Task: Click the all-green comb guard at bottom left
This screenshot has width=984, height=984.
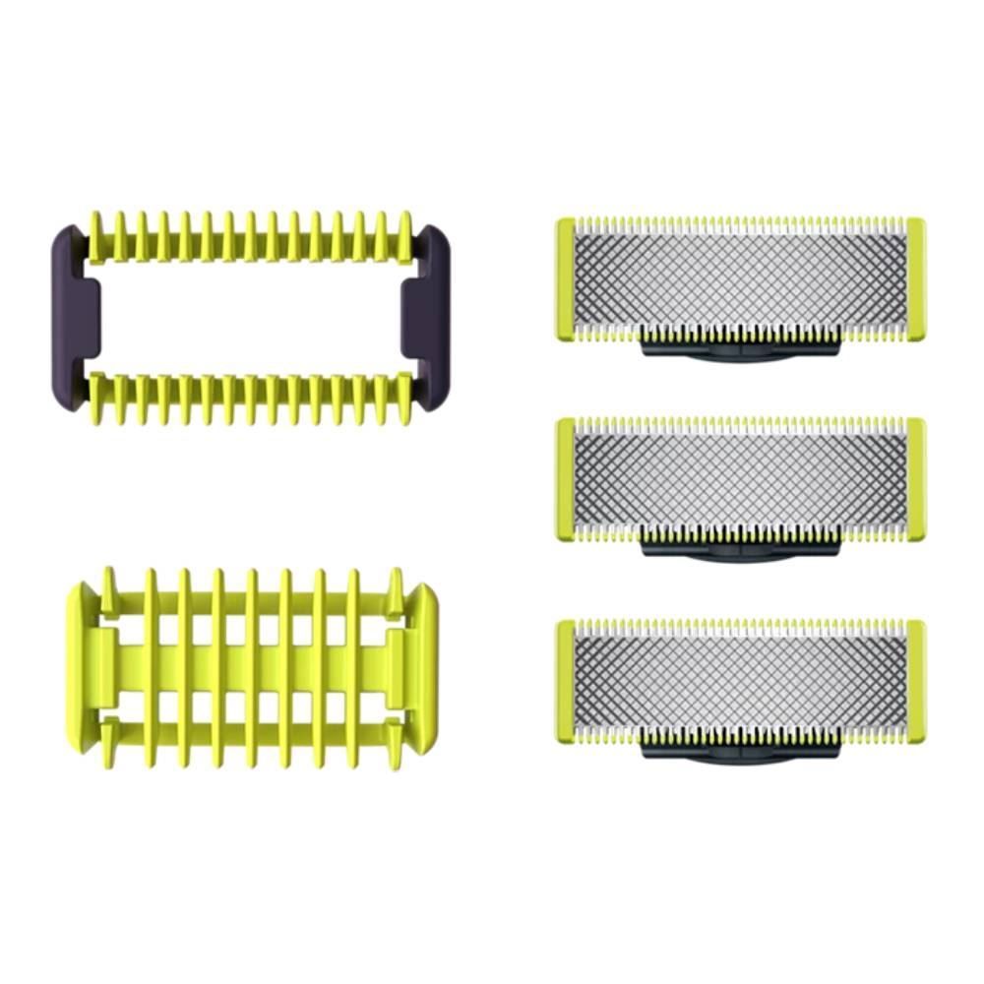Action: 251,669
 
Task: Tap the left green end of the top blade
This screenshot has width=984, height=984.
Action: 566,278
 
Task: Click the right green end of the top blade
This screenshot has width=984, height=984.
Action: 915,278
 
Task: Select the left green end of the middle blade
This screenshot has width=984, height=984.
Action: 566,479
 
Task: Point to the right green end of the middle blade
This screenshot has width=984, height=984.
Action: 915,479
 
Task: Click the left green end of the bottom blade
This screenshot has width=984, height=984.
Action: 566,681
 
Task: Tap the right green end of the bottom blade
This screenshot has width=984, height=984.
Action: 915,681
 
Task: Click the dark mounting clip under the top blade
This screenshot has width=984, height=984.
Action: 740,350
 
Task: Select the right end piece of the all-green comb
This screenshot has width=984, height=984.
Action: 415,669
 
